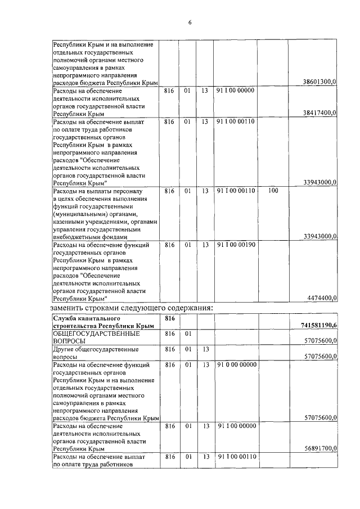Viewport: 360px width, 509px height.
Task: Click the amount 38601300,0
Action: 319,82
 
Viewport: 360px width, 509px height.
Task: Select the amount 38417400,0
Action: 319,113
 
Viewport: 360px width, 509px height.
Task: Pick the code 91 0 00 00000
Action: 236,364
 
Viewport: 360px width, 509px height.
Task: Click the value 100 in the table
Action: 274,191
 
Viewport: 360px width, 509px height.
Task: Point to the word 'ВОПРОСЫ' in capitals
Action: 69,341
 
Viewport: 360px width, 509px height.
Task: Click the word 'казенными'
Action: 70,222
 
